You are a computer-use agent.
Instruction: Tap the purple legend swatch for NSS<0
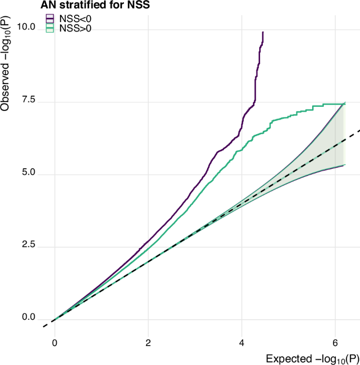coord(50,19)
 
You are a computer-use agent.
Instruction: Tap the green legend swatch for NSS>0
coord(50,28)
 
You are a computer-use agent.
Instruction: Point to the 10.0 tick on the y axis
coord(26,27)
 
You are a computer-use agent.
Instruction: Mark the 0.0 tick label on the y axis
coord(28,318)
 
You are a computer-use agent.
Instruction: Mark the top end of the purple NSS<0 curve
coord(262,32)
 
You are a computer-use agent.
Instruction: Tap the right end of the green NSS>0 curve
coord(344,103)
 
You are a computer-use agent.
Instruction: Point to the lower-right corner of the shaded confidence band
coord(344,165)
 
